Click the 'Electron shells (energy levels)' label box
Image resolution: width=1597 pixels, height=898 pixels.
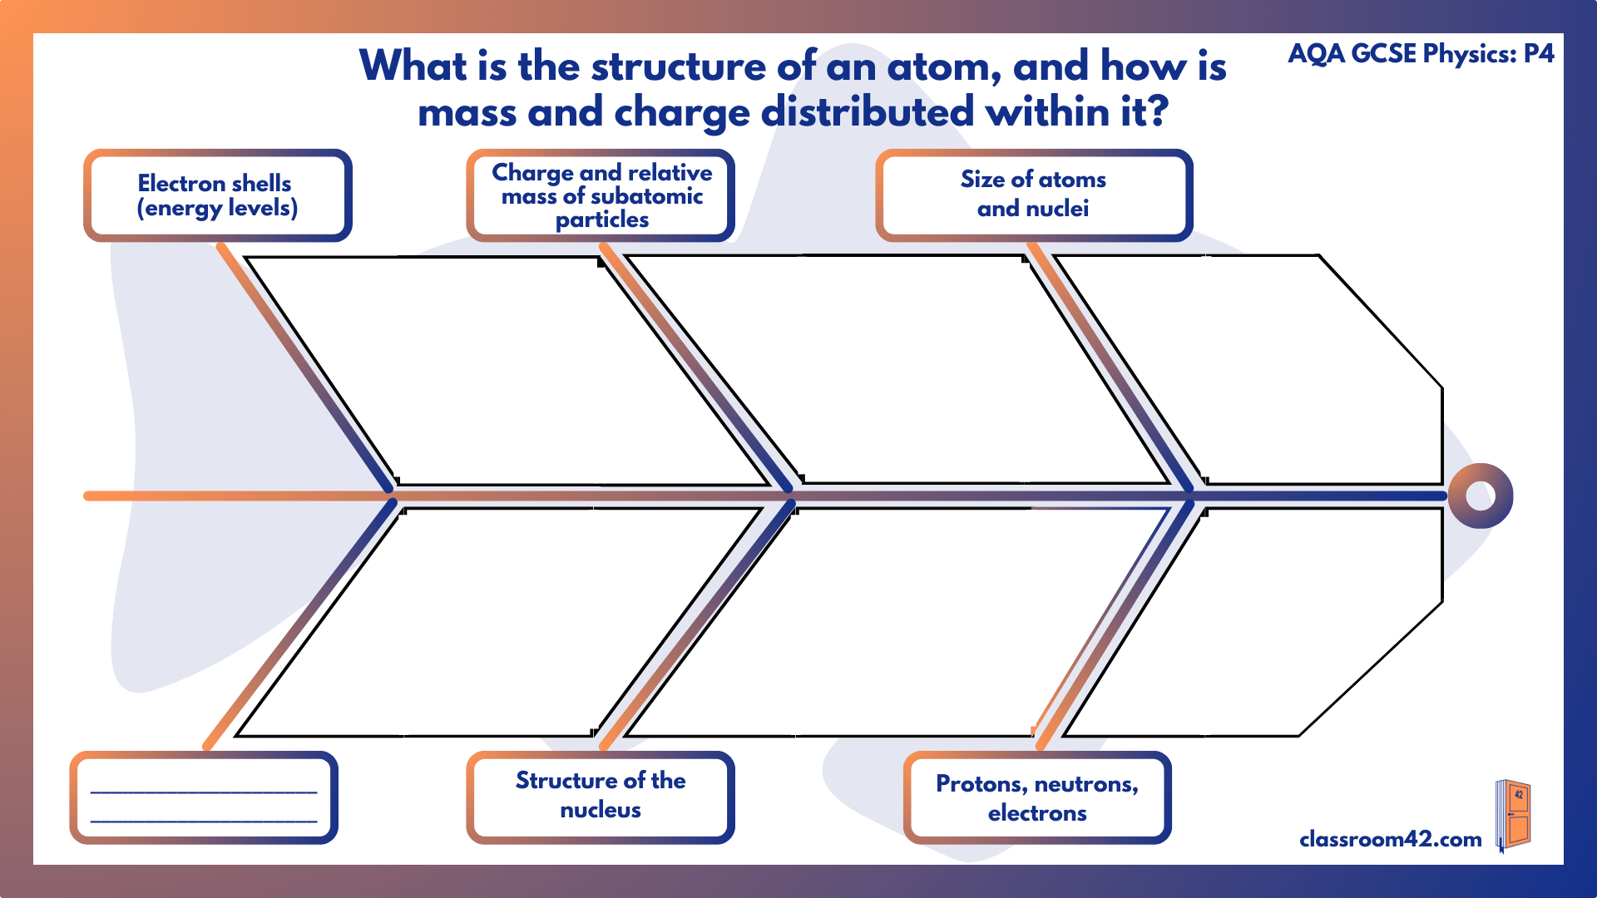click(x=216, y=195)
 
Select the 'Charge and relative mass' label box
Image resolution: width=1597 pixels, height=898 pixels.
click(x=601, y=195)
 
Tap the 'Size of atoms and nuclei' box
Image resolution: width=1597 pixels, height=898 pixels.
click(x=1033, y=195)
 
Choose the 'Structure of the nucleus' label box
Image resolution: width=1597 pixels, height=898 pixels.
click(x=601, y=796)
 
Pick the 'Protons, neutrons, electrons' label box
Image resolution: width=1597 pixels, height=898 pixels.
click(x=1036, y=798)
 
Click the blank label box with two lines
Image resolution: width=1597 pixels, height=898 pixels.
click(x=204, y=798)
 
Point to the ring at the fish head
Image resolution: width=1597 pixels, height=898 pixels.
click(x=1480, y=496)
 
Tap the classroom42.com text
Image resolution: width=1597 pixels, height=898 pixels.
click(x=1390, y=839)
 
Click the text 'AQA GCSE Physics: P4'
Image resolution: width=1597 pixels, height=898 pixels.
click(x=1421, y=54)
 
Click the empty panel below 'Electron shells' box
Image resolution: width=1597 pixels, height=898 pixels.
click(x=507, y=370)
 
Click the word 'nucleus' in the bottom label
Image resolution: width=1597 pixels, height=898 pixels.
click(x=601, y=811)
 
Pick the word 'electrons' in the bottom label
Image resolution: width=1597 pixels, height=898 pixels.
click(x=1036, y=813)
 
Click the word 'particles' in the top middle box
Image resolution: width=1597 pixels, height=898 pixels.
click(x=601, y=220)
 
